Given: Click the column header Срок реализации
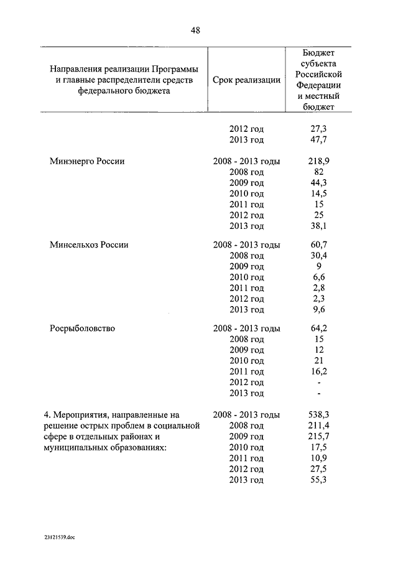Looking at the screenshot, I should (246, 80).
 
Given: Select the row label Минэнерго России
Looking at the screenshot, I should (87, 161).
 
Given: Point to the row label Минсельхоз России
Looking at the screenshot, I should (89, 245).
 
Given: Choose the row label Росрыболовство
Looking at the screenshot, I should (82, 328).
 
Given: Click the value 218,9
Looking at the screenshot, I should (318, 161).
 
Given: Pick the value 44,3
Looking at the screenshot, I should (318, 182).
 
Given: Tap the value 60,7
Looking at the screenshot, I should (318, 245).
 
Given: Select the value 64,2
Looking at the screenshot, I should (318, 328).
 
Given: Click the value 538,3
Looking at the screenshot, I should (318, 414).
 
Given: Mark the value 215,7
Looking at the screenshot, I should (318, 436).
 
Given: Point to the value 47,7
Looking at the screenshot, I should (318, 139).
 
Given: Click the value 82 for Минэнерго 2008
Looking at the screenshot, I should (318, 172).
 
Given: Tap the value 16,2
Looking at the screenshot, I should (318, 371).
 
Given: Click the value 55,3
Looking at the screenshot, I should (318, 480).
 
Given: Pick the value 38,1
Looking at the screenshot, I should (318, 226).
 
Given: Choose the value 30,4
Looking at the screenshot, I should (318, 256).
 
